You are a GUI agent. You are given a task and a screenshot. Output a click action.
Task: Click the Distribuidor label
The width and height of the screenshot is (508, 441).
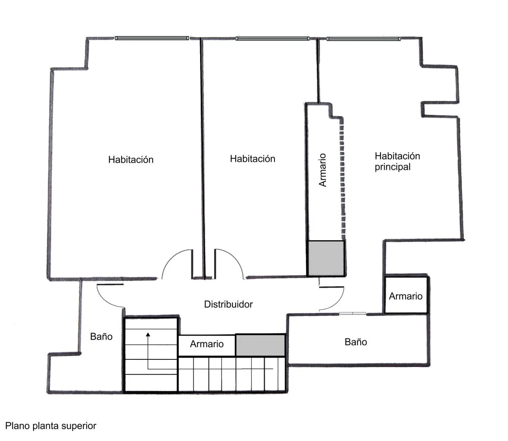tap(228, 304)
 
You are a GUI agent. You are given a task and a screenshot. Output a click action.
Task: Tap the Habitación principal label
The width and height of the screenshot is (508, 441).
tap(397, 161)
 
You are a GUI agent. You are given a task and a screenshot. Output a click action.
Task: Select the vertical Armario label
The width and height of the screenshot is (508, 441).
tap(322, 170)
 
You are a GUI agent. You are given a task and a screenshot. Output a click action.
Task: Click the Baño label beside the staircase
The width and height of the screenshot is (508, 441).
tap(101, 336)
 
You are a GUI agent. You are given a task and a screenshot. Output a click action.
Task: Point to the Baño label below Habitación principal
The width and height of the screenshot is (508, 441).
tap(356, 342)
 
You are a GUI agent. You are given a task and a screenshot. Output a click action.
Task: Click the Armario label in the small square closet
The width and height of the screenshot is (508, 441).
tap(406, 296)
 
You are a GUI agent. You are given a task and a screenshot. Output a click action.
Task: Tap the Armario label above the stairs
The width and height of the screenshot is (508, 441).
tap(207, 344)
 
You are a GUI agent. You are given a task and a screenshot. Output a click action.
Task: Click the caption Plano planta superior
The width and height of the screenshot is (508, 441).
tap(51, 426)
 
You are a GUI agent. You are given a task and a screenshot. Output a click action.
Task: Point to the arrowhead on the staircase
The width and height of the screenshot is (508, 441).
tap(148, 334)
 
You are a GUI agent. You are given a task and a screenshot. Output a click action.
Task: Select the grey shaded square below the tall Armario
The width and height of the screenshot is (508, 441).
tap(326, 258)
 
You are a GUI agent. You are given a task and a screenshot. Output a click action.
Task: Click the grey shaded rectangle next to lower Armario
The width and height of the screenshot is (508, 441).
tap(260, 345)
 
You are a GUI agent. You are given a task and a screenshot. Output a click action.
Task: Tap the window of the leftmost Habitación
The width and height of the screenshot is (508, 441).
tap(152, 38)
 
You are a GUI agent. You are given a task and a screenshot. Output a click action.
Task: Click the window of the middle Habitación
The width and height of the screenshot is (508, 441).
tap(272, 38)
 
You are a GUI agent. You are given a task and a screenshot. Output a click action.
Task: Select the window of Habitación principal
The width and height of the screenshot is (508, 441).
tap(363, 39)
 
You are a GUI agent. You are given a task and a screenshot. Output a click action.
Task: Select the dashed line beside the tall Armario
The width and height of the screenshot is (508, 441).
tap(342, 179)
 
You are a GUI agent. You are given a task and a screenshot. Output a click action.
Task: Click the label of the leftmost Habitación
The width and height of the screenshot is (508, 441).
tap(131, 160)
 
